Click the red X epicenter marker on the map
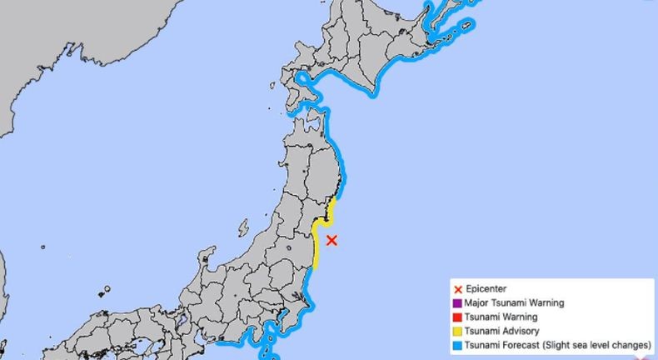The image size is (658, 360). point(331,241)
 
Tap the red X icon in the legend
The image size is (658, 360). point(457,289)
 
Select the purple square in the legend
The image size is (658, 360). point(457,303)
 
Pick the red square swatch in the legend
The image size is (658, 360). point(457,317)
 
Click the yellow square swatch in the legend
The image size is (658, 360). point(457,332)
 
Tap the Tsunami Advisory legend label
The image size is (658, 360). point(503,332)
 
